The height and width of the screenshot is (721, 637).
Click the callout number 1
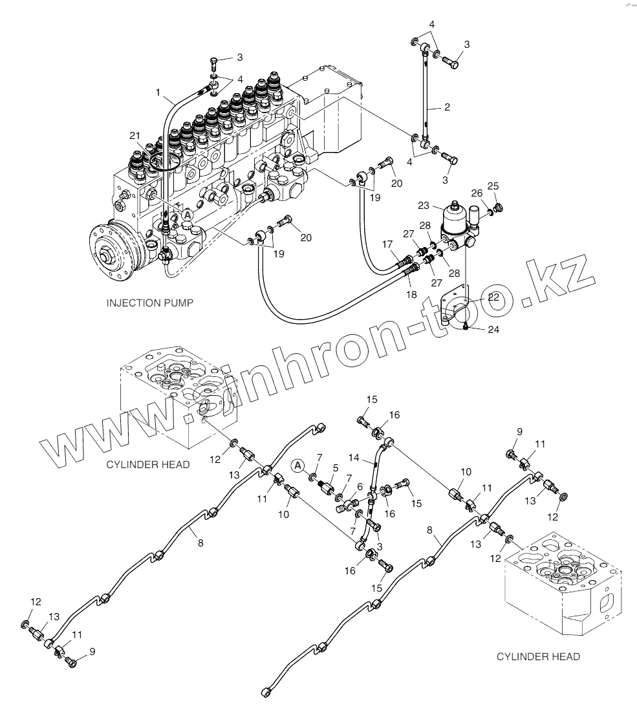pos(158,93)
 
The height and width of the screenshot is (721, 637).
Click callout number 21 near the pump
pos(135,135)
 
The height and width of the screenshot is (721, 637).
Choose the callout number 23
pos(424,206)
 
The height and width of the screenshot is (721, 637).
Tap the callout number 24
pos(493,329)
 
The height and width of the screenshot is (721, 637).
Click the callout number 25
pos(493,187)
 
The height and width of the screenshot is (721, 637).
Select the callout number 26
pos(476,193)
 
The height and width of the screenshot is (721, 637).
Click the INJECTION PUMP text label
pos(149,303)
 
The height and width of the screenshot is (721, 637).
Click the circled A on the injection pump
pos(187,214)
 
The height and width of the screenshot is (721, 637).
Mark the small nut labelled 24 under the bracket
pos(466,326)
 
